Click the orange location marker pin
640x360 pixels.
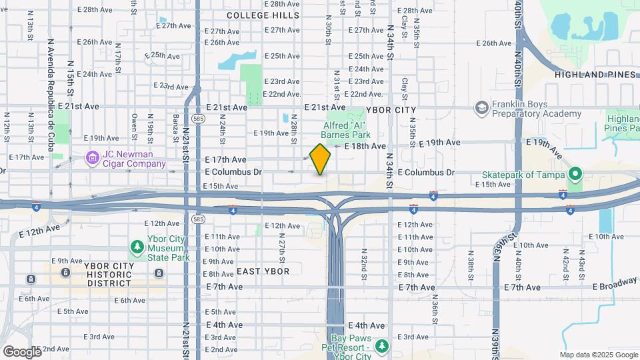point(320,159)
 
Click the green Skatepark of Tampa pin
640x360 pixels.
point(575,175)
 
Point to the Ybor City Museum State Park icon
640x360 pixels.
point(137,247)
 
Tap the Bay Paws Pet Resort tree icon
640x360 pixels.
point(381,346)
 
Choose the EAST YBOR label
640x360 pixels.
point(263,271)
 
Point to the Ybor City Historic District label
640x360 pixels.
point(109,274)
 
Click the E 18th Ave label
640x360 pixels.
point(365,145)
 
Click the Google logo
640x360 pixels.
point(22,351)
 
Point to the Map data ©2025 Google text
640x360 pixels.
point(598,355)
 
